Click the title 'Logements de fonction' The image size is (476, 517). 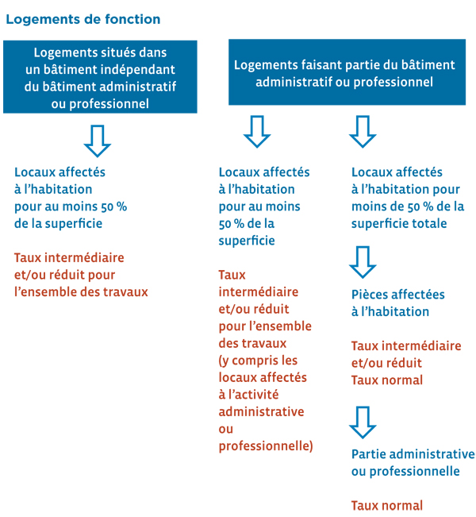(x=83, y=19)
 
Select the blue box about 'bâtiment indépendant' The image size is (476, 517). (x=100, y=77)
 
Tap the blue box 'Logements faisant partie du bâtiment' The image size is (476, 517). (x=347, y=72)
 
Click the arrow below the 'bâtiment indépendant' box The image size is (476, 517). (x=98, y=141)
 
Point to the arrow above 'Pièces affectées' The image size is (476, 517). (x=363, y=262)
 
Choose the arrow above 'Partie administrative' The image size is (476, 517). (x=363, y=422)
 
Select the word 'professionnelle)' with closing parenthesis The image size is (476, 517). (x=266, y=446)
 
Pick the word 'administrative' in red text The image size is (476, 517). (x=261, y=412)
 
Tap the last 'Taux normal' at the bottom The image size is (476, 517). (x=386, y=506)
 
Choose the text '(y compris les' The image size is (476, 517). (x=258, y=361)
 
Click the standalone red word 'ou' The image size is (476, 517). (x=225, y=430)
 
